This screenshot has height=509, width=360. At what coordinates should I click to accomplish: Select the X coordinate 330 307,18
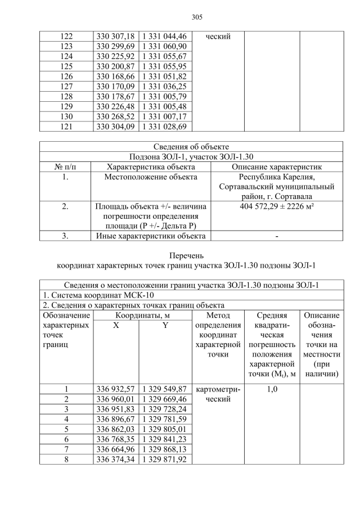115,37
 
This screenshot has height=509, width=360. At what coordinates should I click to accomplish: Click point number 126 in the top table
66,77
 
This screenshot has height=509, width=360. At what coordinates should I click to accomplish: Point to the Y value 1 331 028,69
165,127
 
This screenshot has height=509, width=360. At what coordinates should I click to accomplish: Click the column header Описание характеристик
276,167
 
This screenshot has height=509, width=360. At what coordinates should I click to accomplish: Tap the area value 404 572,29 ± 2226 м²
276,207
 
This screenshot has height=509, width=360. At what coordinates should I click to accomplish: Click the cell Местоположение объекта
151,177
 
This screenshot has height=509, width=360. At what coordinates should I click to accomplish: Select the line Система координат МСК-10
99,295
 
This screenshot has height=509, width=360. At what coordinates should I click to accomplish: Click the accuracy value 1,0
272,389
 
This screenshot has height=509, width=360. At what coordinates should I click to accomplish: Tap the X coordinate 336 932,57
115,389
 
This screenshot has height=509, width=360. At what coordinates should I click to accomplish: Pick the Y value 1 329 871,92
165,460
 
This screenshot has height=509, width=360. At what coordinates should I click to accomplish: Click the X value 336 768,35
115,439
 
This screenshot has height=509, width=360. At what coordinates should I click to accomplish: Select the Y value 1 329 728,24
165,409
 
